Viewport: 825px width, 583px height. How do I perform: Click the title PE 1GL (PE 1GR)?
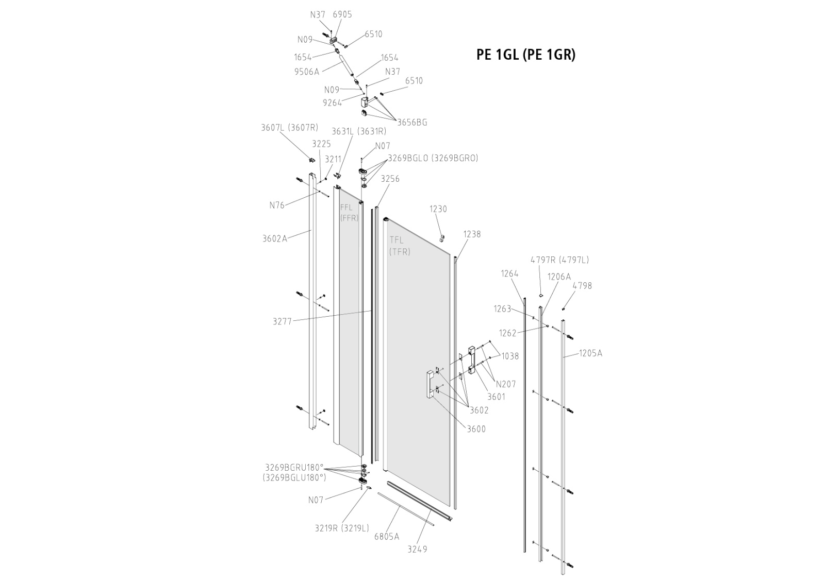click(x=525, y=55)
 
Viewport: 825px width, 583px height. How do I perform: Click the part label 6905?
click(x=342, y=14)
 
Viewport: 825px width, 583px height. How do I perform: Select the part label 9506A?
click(x=307, y=72)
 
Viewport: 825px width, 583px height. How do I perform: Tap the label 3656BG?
click(x=412, y=123)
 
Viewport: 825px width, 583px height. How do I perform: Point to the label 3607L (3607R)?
click(x=289, y=128)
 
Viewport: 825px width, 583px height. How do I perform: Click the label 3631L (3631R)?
click(x=359, y=131)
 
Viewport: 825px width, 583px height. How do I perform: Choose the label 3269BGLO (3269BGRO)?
click(x=433, y=158)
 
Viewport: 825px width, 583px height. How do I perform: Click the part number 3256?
click(x=390, y=179)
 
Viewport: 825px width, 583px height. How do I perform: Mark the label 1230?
click(x=438, y=209)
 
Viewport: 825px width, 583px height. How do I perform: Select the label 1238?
click(x=472, y=234)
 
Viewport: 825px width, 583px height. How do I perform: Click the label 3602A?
click(x=274, y=238)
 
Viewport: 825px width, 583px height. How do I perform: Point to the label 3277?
click(x=282, y=321)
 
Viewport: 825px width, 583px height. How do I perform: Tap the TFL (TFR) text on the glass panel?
click(x=400, y=246)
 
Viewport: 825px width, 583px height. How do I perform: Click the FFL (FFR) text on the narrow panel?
click(x=349, y=212)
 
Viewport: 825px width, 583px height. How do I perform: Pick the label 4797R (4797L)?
click(x=559, y=260)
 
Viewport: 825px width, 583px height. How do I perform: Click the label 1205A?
click(x=590, y=353)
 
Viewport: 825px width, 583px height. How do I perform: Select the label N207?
click(x=505, y=384)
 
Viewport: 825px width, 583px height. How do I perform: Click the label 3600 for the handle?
click(x=476, y=429)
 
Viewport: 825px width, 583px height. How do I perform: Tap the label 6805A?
click(x=387, y=536)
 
